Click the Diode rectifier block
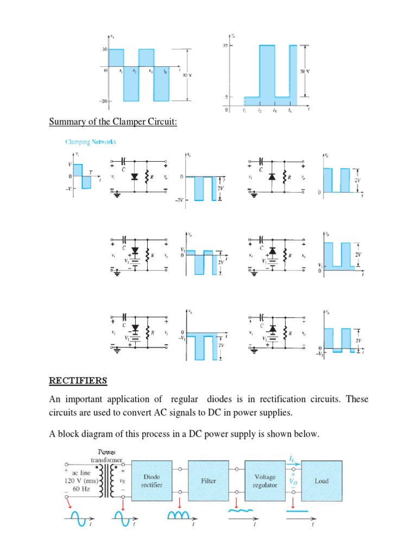(151, 481)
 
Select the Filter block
(208, 481)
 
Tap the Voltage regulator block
(266, 481)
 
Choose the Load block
(321, 481)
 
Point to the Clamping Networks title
(91, 142)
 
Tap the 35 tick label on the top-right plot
(225, 46)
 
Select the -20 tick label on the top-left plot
(103, 102)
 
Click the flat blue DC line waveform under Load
(296, 511)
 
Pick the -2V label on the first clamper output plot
(179, 200)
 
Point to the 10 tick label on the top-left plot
(103, 49)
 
